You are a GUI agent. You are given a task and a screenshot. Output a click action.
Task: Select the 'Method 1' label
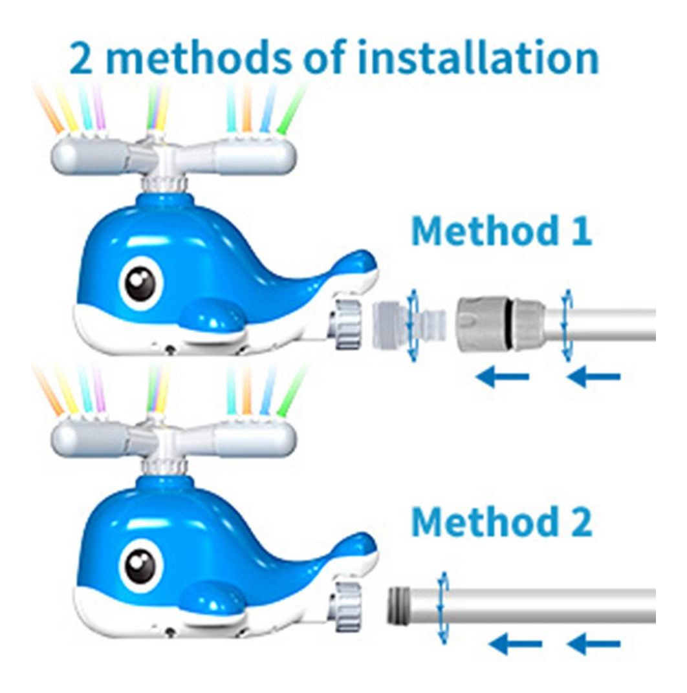click(x=501, y=230)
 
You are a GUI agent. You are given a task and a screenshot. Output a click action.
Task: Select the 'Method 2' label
click(x=501, y=521)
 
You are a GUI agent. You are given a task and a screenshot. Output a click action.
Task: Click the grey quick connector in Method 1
click(x=500, y=325)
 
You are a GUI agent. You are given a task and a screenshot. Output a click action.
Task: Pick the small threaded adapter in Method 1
click(x=407, y=324)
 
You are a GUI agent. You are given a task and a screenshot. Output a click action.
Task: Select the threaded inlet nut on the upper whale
click(x=348, y=324)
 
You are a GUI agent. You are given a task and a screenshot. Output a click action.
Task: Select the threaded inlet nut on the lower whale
click(x=348, y=606)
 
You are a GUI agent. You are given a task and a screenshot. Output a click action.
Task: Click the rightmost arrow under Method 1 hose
click(x=594, y=377)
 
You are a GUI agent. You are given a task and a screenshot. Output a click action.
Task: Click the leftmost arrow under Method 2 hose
click(x=516, y=644)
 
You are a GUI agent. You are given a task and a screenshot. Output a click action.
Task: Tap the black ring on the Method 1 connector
click(x=511, y=325)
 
